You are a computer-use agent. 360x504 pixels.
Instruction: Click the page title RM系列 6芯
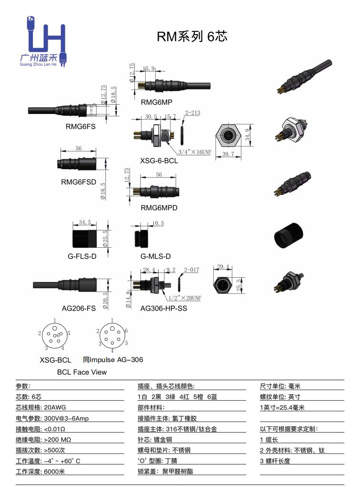click(x=192, y=36)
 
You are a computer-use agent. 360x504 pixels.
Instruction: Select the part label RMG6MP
click(x=157, y=102)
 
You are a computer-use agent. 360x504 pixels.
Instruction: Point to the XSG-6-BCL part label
click(x=159, y=161)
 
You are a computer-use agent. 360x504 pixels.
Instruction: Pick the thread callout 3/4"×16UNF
click(x=194, y=152)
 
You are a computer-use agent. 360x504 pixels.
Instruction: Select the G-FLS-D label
click(x=82, y=256)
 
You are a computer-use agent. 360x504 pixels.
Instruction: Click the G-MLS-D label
click(x=155, y=256)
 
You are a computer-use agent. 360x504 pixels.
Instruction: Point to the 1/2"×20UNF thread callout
click(x=185, y=298)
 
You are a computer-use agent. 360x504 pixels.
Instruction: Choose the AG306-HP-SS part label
click(x=164, y=308)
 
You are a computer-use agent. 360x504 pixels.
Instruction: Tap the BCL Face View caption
click(x=82, y=372)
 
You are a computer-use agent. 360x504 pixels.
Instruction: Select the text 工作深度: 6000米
click(x=40, y=472)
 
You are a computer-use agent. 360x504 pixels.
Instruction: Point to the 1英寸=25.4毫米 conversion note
click(x=282, y=407)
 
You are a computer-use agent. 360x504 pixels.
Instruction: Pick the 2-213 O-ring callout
click(x=192, y=113)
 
